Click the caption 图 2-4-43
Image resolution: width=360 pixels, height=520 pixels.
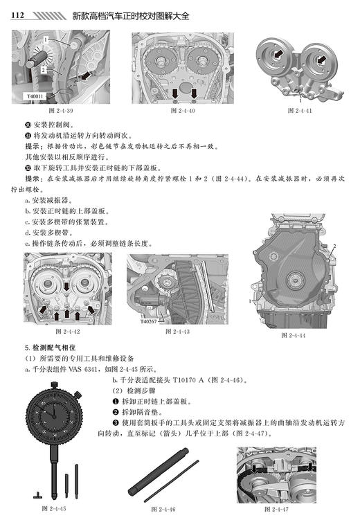tap(178, 331)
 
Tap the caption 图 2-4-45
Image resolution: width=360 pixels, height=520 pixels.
tap(55, 509)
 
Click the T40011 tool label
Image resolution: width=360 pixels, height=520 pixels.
tap(35, 96)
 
